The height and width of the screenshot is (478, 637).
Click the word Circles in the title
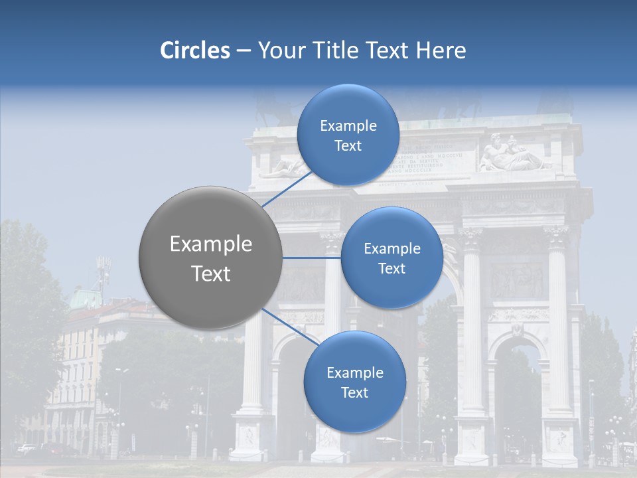[195, 50]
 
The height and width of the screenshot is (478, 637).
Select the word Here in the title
[441, 50]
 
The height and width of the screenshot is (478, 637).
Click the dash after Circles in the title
[244, 51]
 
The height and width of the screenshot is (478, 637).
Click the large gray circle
[211, 258]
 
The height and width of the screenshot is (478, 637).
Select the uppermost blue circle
[348, 135]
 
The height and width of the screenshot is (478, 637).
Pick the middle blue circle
[391, 258]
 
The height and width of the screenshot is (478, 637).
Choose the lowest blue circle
[354, 382]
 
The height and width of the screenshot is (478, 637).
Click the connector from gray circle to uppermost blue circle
[287, 189]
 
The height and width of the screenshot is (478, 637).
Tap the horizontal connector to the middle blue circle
[312, 258]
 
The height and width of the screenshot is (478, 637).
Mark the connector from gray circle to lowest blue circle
[291, 327]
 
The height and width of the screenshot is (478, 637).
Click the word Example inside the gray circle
[211, 244]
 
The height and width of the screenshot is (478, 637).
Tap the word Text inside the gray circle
[211, 274]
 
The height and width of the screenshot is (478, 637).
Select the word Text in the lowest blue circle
[354, 392]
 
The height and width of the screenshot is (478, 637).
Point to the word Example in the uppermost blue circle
[348, 125]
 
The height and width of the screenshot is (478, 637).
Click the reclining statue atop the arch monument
[510, 154]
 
